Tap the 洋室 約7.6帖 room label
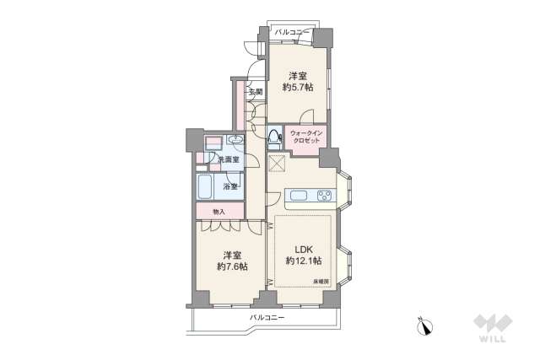pos(231,261)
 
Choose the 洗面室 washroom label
pos(229,159)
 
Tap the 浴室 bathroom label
pos(230,186)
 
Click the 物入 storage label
pos(219,211)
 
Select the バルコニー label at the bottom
pos(267,317)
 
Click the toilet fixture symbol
pos(273,137)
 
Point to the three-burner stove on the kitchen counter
pos(324,197)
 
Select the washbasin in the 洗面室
pos(235,141)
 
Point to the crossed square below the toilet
pos(276,163)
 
